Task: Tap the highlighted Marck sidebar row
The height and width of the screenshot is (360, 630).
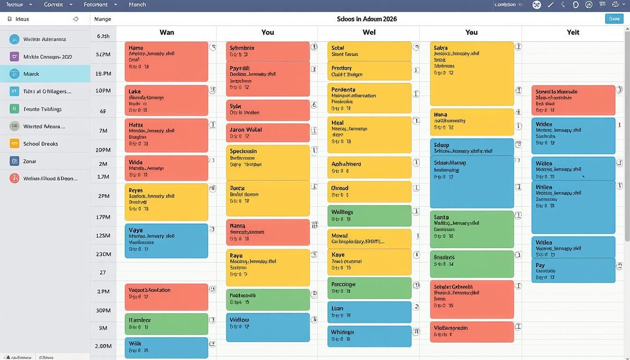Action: click(45, 74)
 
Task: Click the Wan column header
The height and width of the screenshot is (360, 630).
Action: click(167, 32)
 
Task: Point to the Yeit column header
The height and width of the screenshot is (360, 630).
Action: click(573, 32)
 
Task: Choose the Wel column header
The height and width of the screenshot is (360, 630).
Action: click(369, 32)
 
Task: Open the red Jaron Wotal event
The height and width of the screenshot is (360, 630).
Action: click(268, 133)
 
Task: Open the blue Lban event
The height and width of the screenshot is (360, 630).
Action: click(369, 312)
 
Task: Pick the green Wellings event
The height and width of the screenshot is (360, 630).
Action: click(369, 216)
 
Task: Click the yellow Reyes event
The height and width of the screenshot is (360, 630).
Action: click(166, 202)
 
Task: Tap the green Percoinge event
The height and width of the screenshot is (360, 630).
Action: click(369, 288)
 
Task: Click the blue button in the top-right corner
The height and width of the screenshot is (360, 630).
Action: click(614, 19)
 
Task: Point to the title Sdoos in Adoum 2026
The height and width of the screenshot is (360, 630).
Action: click(367, 19)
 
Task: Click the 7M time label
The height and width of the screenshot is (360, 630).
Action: click(104, 131)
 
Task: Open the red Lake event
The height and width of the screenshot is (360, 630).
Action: click(166, 100)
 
